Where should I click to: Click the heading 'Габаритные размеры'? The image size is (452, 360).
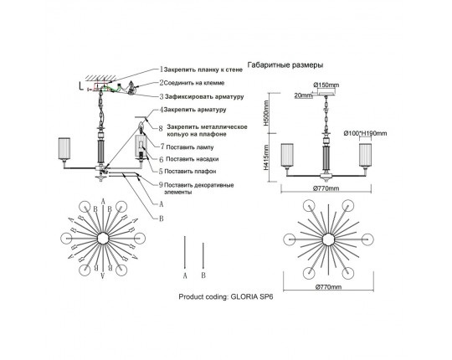[x=285, y=65]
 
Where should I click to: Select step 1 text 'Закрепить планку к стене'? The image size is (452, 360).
[x=203, y=69]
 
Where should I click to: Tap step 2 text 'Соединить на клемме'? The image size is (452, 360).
[x=194, y=83]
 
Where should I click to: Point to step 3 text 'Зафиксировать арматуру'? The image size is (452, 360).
[x=204, y=96]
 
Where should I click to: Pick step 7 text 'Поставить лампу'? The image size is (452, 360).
[x=190, y=147]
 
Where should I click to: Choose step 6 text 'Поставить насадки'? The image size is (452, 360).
[x=193, y=159]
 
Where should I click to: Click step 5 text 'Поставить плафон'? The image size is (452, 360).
[x=190, y=172]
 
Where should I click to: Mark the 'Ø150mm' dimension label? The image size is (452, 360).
[x=326, y=85]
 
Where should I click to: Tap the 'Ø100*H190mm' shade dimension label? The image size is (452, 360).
[x=365, y=133]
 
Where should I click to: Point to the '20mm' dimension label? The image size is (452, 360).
[x=304, y=95]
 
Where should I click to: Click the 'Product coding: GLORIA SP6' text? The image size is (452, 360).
[x=226, y=297]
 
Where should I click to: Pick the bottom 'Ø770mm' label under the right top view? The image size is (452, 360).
[x=328, y=287]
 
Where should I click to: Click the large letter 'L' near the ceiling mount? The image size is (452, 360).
[x=81, y=85]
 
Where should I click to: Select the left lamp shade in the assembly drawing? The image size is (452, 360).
[x=64, y=148]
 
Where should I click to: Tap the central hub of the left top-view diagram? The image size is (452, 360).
[x=102, y=239]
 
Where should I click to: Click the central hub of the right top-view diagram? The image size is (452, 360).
[x=328, y=239]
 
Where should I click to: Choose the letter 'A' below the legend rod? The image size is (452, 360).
[x=185, y=275]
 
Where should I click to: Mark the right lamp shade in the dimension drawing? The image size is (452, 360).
[x=365, y=155]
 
